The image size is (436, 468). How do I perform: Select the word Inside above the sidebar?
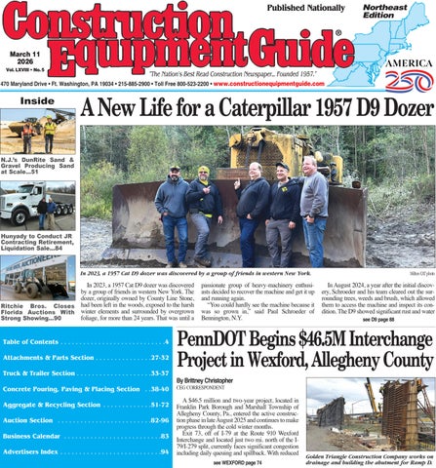(37, 100)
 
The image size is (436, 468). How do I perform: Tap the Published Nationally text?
(293, 8)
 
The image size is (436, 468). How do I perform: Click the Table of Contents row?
(87, 341)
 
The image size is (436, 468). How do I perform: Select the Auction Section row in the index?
(87, 419)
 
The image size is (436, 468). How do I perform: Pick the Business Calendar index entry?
(87, 436)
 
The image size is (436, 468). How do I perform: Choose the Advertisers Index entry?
(87, 452)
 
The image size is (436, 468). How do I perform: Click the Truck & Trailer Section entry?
(87, 372)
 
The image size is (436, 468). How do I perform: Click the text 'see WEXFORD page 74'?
(237, 462)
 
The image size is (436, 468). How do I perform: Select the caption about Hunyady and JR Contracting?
(38, 240)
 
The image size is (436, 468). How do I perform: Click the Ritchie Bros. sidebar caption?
(38, 311)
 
